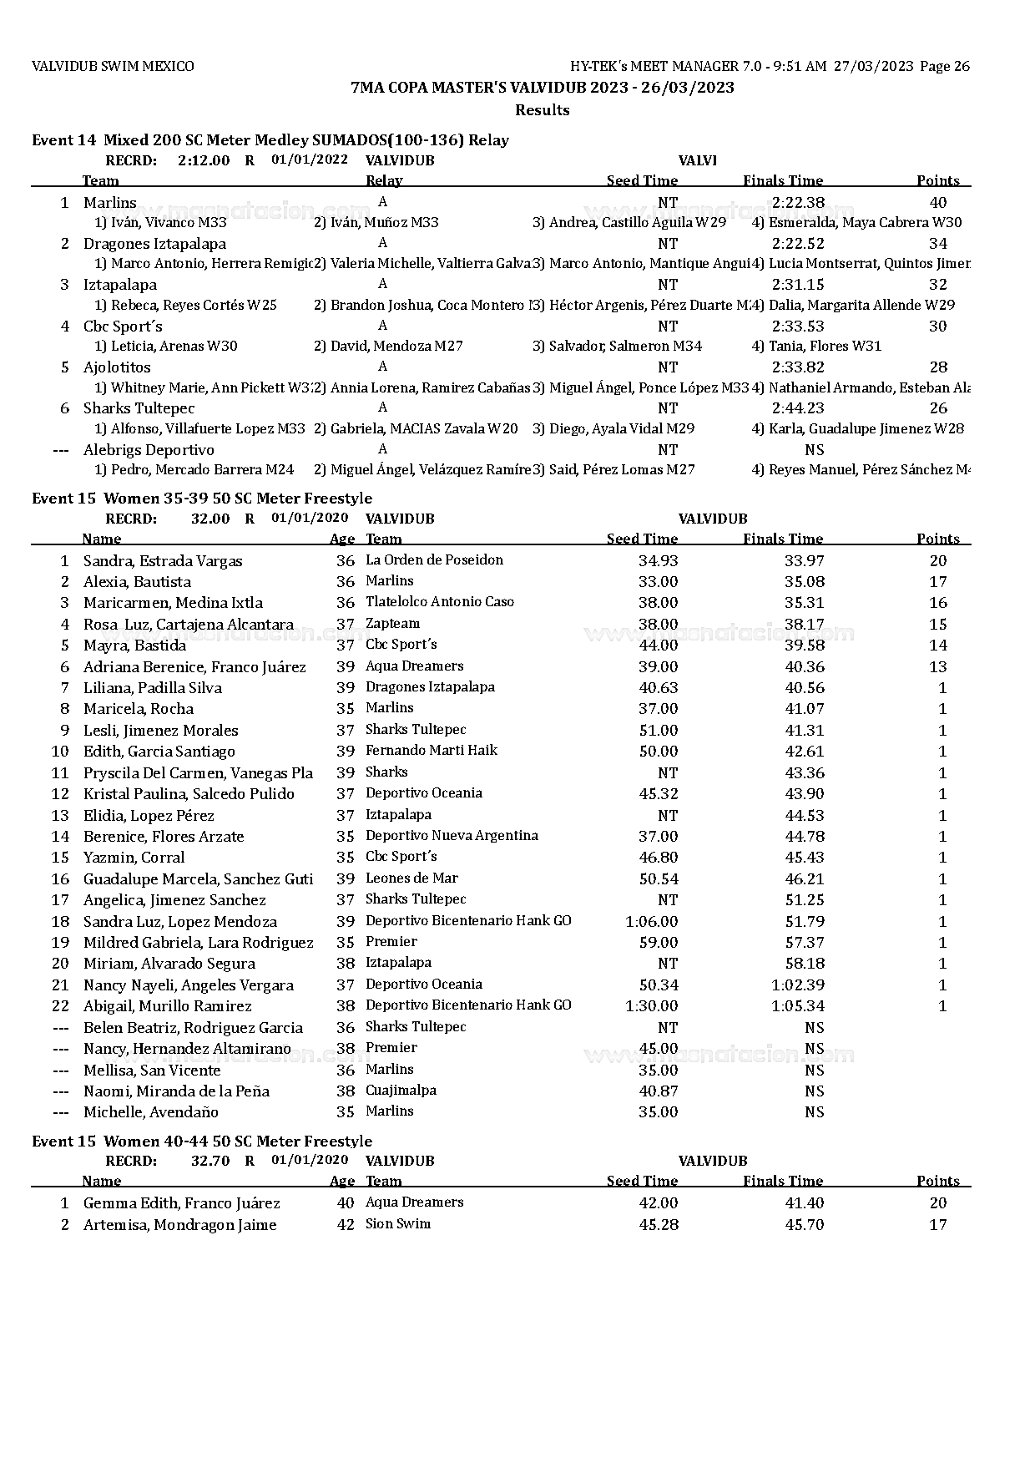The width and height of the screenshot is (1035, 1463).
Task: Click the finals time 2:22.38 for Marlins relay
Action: point(798,202)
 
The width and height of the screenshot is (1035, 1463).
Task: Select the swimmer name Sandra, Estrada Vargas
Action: point(163,561)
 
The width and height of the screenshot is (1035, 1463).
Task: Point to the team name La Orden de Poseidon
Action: point(434,560)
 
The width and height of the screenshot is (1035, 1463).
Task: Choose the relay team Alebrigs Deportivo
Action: point(149,450)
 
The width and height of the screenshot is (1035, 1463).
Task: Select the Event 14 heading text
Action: point(270,140)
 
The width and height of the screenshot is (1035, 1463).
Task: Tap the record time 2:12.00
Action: point(204,160)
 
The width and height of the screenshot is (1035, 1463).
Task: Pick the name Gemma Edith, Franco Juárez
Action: point(182,1203)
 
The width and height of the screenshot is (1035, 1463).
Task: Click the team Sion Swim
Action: point(398,1224)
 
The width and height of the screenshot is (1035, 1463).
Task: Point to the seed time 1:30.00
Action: point(651,1006)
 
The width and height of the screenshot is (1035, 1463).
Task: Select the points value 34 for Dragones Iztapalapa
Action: point(938,244)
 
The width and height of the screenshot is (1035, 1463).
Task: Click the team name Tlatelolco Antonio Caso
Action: point(440,602)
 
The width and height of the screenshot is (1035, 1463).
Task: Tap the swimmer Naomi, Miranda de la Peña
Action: point(176,1091)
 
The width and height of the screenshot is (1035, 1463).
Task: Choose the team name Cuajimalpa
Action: point(401,1091)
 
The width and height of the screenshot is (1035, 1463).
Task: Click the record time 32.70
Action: point(210,1161)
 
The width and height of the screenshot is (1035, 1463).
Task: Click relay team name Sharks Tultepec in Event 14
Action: point(139,408)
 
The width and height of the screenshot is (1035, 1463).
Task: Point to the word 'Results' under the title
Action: point(542,110)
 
